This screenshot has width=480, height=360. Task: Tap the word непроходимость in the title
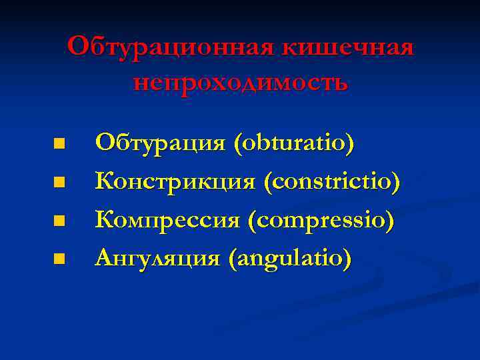pyautogui.click(x=240, y=83)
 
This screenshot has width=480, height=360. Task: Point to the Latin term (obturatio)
pyautogui.click(x=293, y=143)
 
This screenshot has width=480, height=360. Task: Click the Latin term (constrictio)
pyautogui.click(x=333, y=181)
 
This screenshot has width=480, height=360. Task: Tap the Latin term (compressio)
pyautogui.click(x=321, y=219)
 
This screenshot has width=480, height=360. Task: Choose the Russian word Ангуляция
pyautogui.click(x=157, y=257)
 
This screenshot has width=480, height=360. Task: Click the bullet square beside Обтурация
pyautogui.click(x=60, y=143)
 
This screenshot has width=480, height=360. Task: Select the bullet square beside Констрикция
pyautogui.click(x=60, y=181)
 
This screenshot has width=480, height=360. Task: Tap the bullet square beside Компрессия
pyautogui.click(x=60, y=219)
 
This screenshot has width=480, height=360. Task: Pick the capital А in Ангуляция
pyautogui.click(x=104, y=257)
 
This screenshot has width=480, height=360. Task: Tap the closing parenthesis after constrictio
pyautogui.click(x=397, y=181)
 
